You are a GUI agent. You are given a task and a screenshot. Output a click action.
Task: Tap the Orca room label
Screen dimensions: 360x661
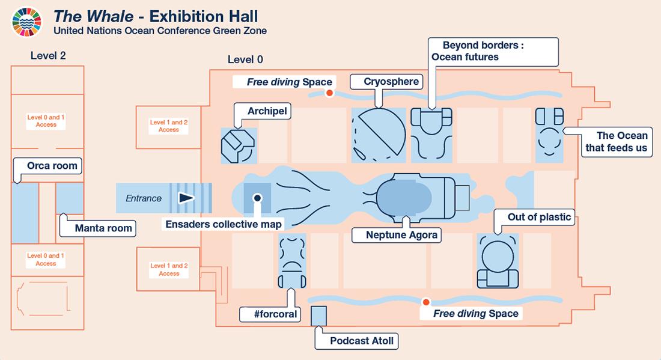(52, 165)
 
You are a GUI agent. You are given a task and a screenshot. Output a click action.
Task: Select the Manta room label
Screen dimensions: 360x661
(103, 228)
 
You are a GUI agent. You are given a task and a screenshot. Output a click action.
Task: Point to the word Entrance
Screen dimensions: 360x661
(144, 198)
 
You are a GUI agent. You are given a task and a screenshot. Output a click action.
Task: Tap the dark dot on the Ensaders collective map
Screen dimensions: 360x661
(257, 197)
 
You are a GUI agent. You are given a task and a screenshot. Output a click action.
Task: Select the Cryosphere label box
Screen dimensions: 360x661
(391, 82)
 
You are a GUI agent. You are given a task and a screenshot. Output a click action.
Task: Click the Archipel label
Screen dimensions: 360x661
(267, 111)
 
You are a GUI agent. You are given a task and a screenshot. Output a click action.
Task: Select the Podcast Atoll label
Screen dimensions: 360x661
(362, 341)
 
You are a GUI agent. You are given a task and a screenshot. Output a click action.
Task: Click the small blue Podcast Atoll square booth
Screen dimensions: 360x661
(318, 316)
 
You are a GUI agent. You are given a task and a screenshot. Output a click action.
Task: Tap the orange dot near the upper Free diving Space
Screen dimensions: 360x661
(329, 93)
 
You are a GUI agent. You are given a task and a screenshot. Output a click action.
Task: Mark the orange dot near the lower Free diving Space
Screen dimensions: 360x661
(426, 302)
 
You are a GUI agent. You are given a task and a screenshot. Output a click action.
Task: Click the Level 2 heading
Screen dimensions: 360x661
(48, 56)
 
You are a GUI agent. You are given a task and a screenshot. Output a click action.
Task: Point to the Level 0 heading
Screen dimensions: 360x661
(245, 59)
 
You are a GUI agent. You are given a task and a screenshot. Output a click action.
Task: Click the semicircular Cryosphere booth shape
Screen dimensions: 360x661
(379, 133)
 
